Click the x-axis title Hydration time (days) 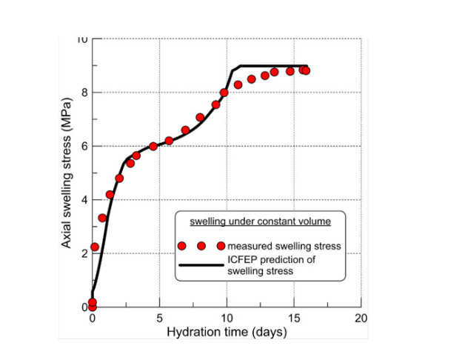[x=227, y=333]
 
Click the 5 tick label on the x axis [x=159, y=318]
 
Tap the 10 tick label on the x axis [x=227, y=318]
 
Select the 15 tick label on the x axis [x=294, y=318]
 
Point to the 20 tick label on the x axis [x=361, y=318]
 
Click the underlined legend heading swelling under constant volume [x=258, y=221]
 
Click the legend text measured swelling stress [x=284, y=246]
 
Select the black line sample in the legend [x=200, y=264]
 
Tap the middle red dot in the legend [x=201, y=246]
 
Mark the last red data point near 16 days [x=305, y=70]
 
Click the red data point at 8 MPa [x=224, y=93]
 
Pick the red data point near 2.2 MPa [x=95, y=247]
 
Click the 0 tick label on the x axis [x=93, y=318]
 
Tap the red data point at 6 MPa [x=153, y=146]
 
